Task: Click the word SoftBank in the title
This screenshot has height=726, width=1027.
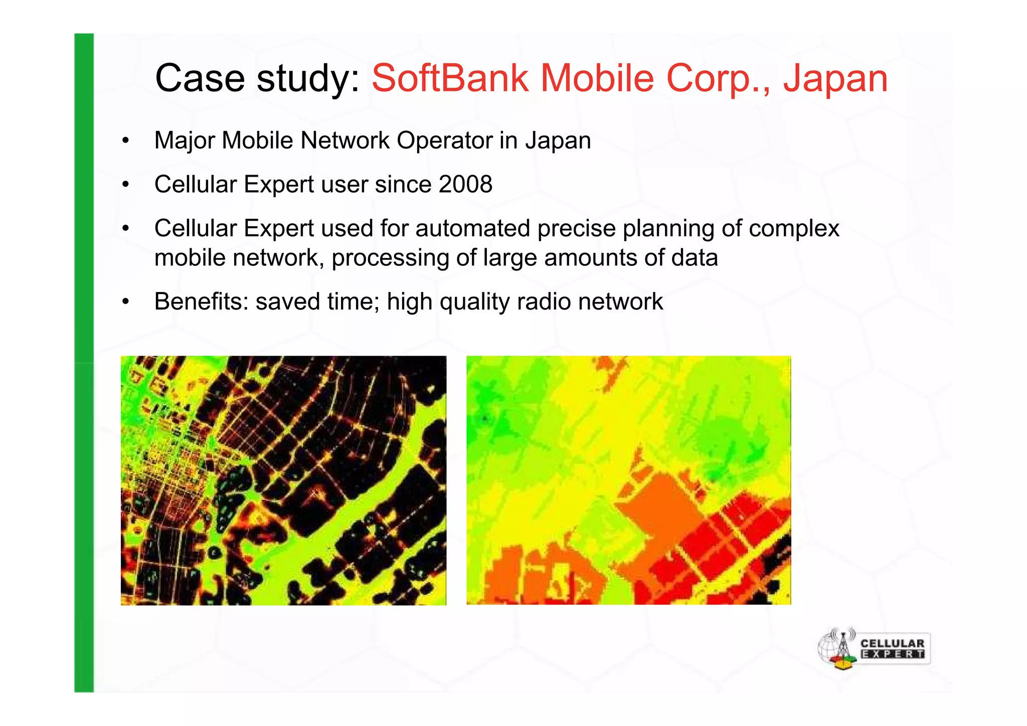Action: tap(450, 78)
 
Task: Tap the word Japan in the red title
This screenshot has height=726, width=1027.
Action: tap(835, 79)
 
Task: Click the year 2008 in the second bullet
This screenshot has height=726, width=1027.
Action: tap(465, 184)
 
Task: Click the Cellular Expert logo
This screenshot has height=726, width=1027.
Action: tap(874, 648)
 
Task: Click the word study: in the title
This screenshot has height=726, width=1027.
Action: tap(308, 79)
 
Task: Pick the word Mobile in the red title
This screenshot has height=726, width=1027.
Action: tap(597, 78)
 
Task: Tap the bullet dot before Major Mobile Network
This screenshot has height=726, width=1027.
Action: tap(125, 141)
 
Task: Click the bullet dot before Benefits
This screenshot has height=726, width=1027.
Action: tap(125, 302)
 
